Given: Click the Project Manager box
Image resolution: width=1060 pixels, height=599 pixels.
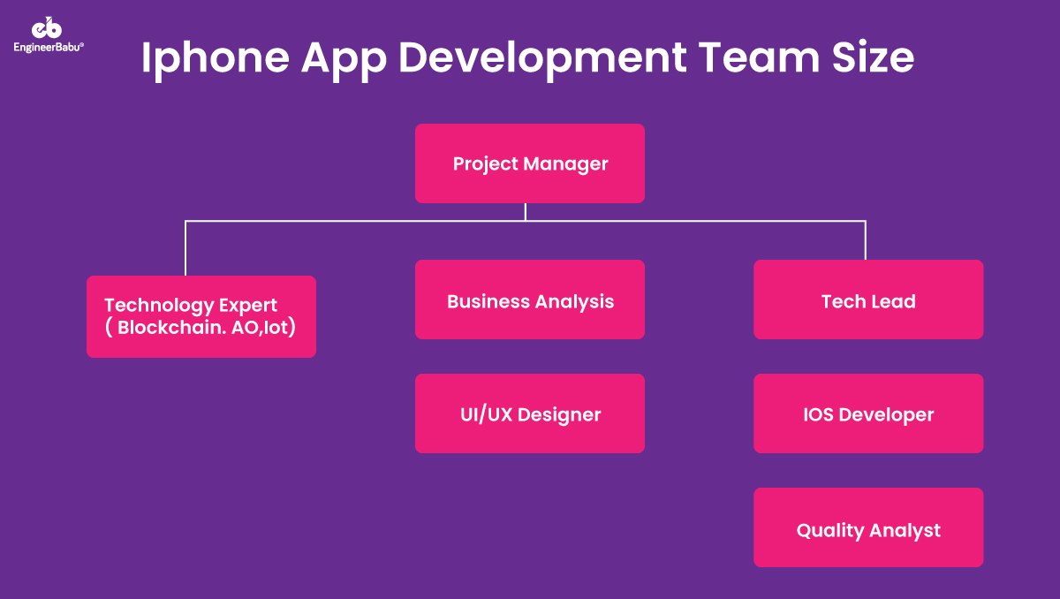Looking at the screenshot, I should tap(530, 163).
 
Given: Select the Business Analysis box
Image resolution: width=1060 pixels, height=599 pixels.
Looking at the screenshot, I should tap(530, 299).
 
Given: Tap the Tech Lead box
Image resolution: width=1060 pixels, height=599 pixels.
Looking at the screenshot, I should tap(868, 299).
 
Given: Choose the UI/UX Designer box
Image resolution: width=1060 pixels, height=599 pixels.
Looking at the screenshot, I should tap(530, 413).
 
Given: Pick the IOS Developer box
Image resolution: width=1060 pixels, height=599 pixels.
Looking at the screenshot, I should tap(868, 413).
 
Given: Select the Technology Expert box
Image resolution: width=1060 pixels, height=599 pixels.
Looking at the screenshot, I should tap(201, 316).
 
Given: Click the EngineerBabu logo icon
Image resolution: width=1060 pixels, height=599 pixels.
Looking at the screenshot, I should tap(48, 28).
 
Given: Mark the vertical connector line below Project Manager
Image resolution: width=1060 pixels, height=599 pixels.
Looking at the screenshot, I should tap(526, 212).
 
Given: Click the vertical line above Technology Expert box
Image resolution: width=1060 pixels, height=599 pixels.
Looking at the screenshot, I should tap(185, 248).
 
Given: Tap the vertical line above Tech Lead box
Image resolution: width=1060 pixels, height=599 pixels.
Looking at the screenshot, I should tap(866, 240).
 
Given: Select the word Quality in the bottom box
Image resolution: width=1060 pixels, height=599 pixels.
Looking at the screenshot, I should tap(830, 531).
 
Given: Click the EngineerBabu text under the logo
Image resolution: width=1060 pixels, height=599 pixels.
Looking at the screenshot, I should tap(49, 47).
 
